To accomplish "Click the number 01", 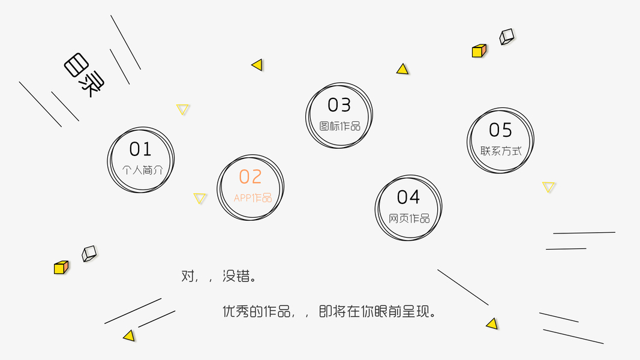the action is click(x=140, y=149).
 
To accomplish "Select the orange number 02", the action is click(x=250, y=177).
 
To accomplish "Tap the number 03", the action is click(x=339, y=106).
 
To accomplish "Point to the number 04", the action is click(x=408, y=197).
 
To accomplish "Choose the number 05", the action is click(x=500, y=130).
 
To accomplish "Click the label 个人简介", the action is click(x=142, y=170).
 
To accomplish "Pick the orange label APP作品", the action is click(x=253, y=198).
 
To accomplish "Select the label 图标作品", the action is click(x=339, y=126).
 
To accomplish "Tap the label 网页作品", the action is click(x=409, y=218).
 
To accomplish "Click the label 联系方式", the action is click(x=501, y=151).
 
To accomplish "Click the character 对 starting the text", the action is click(x=188, y=277).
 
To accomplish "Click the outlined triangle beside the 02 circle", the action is click(x=200, y=198).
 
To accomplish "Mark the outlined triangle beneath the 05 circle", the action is click(x=549, y=187).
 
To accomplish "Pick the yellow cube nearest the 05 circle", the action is click(x=479, y=51).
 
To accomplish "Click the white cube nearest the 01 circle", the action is click(x=89, y=253).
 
